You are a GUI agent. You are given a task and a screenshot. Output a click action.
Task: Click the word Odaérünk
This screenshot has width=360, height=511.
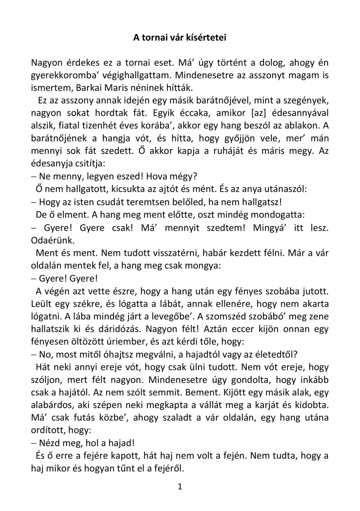[52, 240]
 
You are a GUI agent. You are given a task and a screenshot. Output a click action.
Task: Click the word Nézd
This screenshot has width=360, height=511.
[49, 443]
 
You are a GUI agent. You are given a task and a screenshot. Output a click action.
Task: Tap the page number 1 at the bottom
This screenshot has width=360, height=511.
[180, 486]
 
